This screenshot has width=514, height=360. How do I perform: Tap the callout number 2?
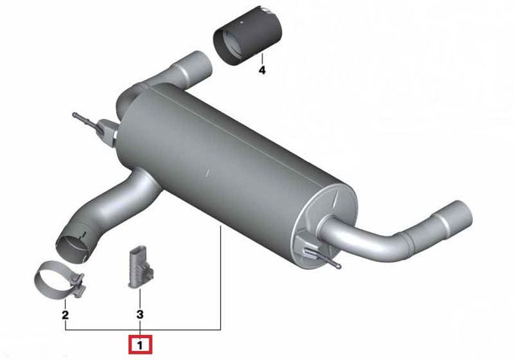click(x=66, y=315)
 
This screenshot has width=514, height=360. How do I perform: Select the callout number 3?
click(x=139, y=315)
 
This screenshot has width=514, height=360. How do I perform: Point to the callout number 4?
click(x=261, y=71)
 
